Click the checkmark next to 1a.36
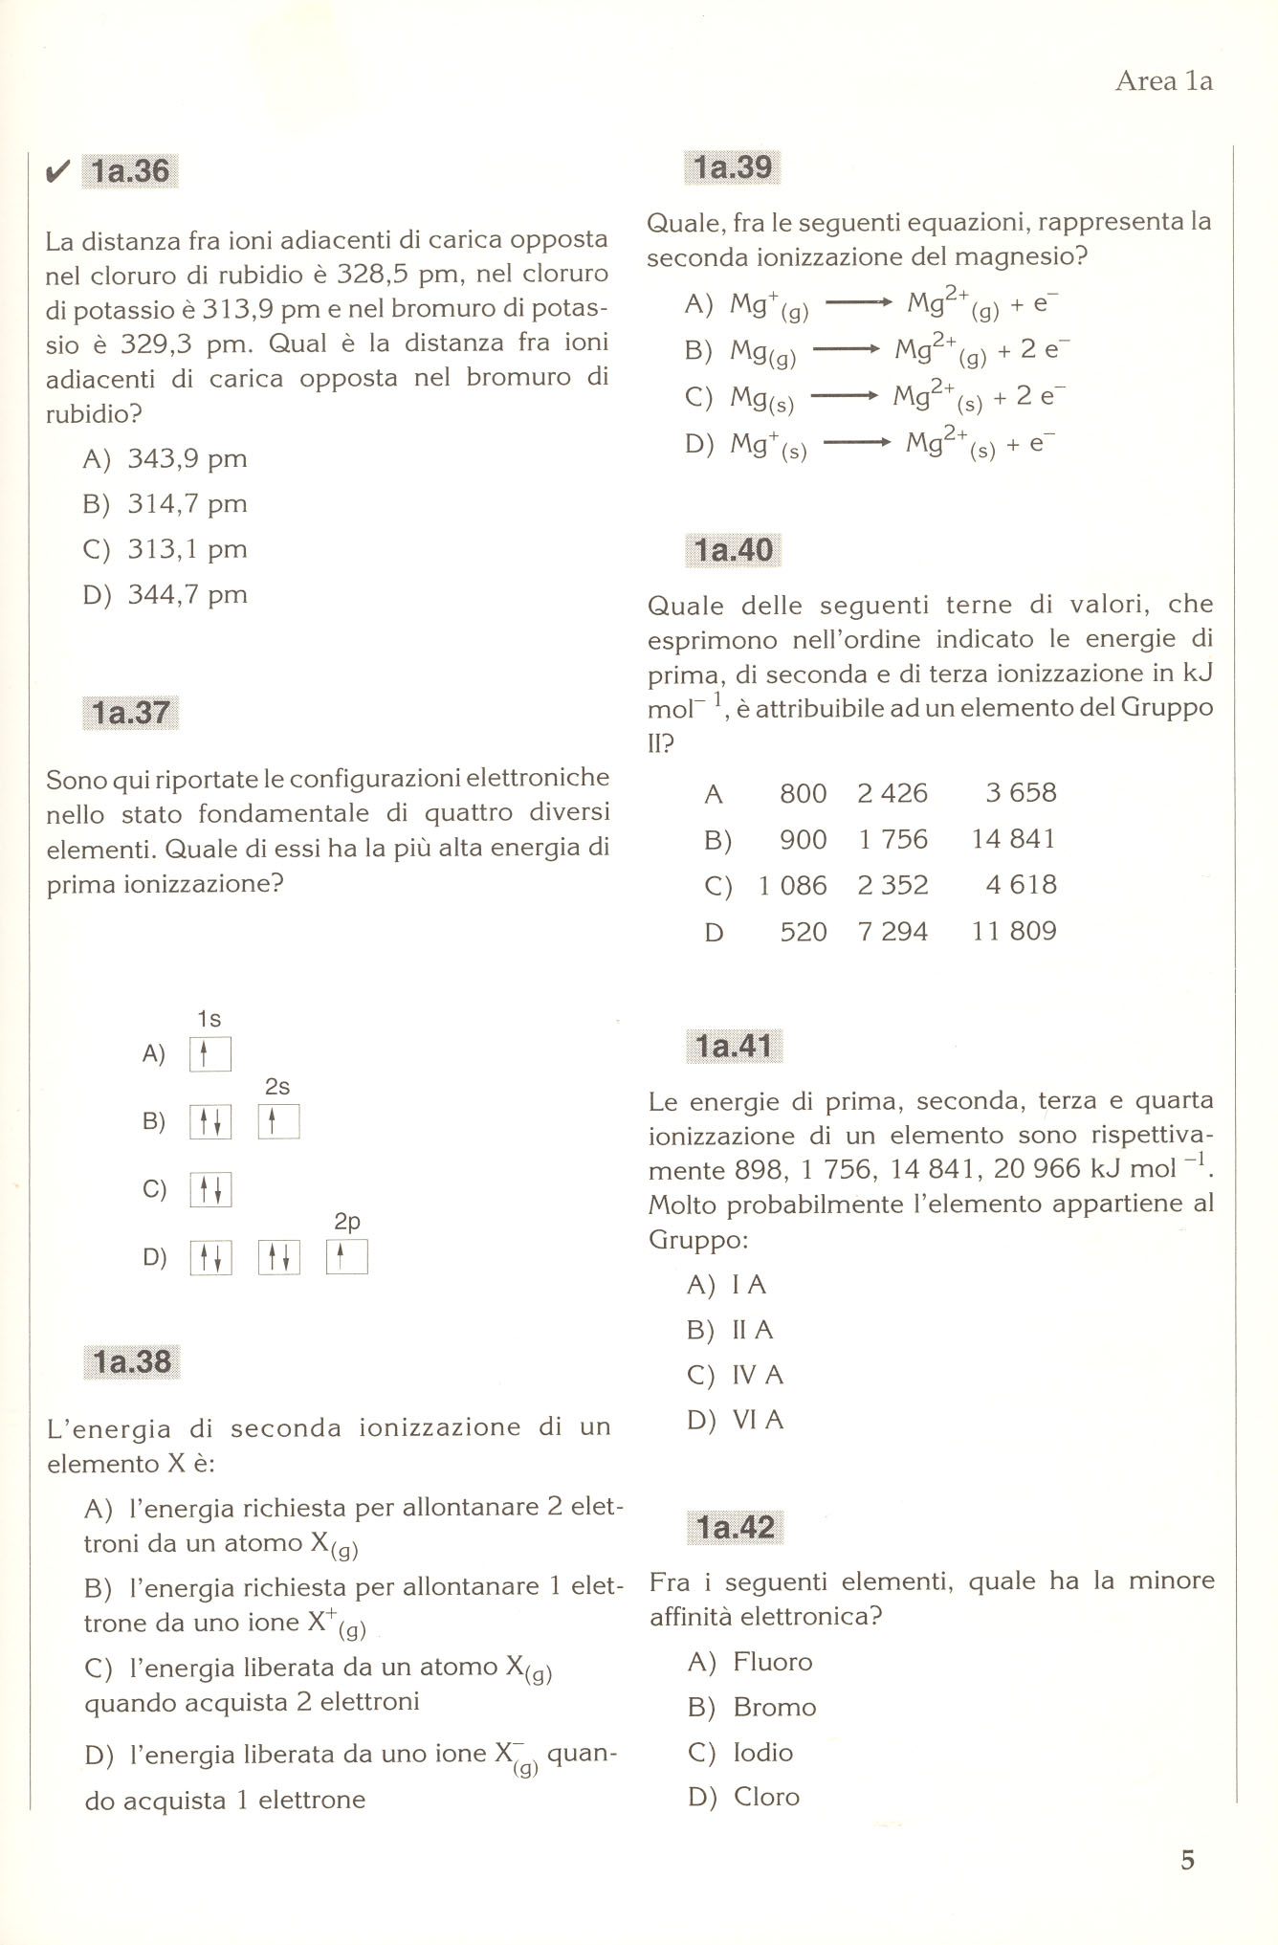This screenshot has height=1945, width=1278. click(x=57, y=171)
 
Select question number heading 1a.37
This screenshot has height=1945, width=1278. click(x=130, y=713)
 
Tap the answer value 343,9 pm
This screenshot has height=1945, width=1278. click(x=187, y=459)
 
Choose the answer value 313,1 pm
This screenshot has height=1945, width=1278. click(x=187, y=549)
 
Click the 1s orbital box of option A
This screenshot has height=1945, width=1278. click(x=210, y=1054)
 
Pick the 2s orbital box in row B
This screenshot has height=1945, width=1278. click(x=278, y=1121)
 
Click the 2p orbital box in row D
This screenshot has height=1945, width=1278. click(x=346, y=1257)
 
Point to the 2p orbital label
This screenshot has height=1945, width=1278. click(x=347, y=1222)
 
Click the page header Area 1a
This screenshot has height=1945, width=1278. click(x=1163, y=81)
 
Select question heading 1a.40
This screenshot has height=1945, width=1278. click(x=734, y=550)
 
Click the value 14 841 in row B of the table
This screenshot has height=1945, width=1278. click(x=1014, y=839)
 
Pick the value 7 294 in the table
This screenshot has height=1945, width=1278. click(x=892, y=931)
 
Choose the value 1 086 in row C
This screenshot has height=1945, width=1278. click(x=792, y=885)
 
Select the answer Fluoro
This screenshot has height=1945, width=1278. click(x=772, y=1662)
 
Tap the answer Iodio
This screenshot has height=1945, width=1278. click(x=762, y=1752)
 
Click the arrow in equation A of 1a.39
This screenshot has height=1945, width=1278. click(x=858, y=303)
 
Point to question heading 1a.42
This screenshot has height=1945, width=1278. click(x=735, y=1528)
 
